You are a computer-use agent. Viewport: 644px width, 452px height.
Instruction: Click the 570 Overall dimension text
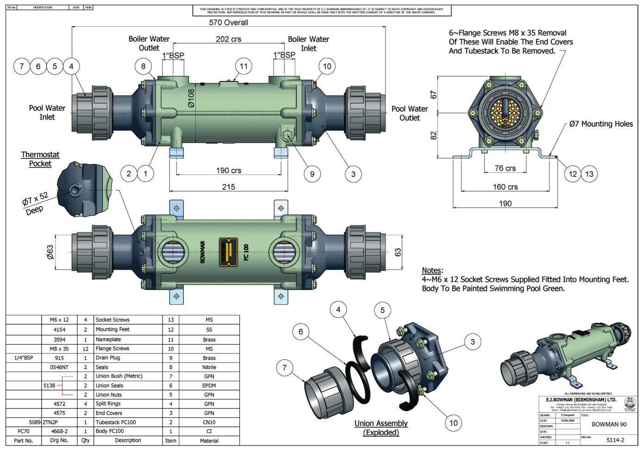(x=228, y=22)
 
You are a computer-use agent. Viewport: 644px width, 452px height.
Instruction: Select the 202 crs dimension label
(x=228, y=39)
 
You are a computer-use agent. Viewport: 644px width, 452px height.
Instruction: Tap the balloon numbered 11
(x=244, y=66)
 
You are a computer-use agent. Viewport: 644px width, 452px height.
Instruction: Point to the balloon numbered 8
(x=143, y=66)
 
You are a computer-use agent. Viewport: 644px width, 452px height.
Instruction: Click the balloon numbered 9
(x=312, y=174)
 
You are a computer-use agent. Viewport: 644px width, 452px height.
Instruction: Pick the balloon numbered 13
(x=589, y=174)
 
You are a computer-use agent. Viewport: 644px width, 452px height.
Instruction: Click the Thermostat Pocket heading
(x=40, y=159)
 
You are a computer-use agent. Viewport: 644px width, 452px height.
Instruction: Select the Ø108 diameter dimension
(x=191, y=98)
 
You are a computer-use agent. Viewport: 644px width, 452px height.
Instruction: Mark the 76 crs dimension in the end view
(x=505, y=168)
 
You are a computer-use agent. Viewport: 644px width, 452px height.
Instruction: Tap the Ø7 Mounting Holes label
(x=601, y=124)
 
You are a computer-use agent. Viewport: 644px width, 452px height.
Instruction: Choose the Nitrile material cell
(x=209, y=367)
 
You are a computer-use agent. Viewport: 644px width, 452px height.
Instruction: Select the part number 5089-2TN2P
(x=44, y=422)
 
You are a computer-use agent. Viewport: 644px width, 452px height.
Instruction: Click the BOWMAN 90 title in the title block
(x=609, y=424)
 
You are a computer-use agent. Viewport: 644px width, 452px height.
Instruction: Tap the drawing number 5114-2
(x=615, y=440)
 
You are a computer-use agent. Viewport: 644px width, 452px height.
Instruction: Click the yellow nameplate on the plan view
(x=228, y=252)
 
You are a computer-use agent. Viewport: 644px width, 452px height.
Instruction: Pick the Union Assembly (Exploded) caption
(x=381, y=428)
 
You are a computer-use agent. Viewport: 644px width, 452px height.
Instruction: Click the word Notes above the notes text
(x=431, y=270)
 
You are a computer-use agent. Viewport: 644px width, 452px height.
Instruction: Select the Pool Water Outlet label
(x=409, y=113)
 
